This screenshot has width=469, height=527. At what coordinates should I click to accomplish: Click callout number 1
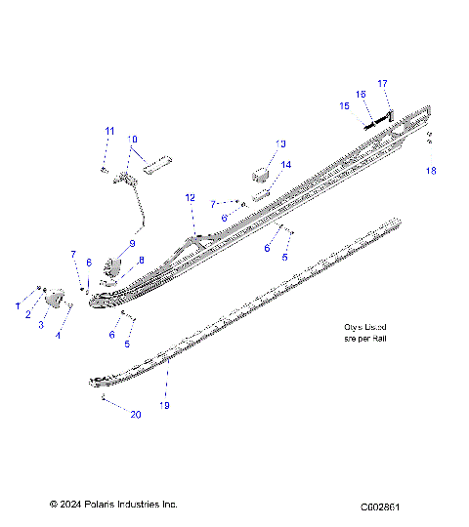point(17,306)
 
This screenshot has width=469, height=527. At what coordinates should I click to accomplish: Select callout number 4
point(58,335)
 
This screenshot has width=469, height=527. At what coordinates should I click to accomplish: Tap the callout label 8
point(141,261)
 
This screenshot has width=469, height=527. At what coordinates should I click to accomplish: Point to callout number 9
point(133,243)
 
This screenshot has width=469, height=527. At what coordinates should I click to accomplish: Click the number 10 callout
point(133,139)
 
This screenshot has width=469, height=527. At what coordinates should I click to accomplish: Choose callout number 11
point(109,131)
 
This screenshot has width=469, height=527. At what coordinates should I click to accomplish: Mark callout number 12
point(191,197)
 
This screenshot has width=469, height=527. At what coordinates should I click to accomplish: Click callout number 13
point(281,143)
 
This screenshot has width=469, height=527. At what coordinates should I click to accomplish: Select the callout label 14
point(286,165)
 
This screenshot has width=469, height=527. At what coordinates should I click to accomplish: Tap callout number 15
point(344,105)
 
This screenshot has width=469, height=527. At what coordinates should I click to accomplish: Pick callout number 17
point(383,83)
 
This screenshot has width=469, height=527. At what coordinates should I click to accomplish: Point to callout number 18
point(430,171)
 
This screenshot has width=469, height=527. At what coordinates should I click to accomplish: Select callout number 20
point(136,414)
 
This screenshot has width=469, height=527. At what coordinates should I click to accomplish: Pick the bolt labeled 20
point(102,399)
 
